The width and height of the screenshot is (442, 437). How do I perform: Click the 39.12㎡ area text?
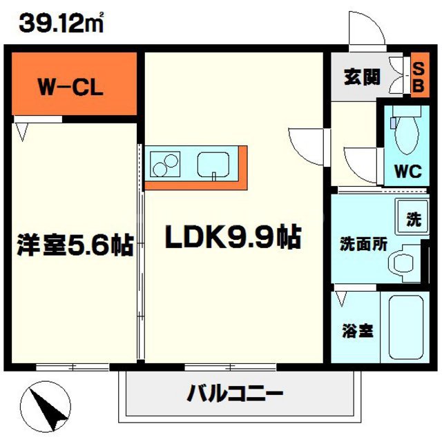(x=61, y=24)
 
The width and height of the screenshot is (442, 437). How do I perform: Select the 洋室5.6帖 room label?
(x=75, y=246)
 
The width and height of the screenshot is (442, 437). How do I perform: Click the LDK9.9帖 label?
(x=231, y=238)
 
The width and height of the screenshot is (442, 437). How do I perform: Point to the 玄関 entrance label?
(x=362, y=77)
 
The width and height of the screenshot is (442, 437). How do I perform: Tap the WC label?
(x=407, y=171)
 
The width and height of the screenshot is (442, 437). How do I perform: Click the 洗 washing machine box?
(x=412, y=220)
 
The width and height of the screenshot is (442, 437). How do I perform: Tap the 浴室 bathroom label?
(x=357, y=330)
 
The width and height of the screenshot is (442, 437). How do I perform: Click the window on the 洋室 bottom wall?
(x=72, y=365)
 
